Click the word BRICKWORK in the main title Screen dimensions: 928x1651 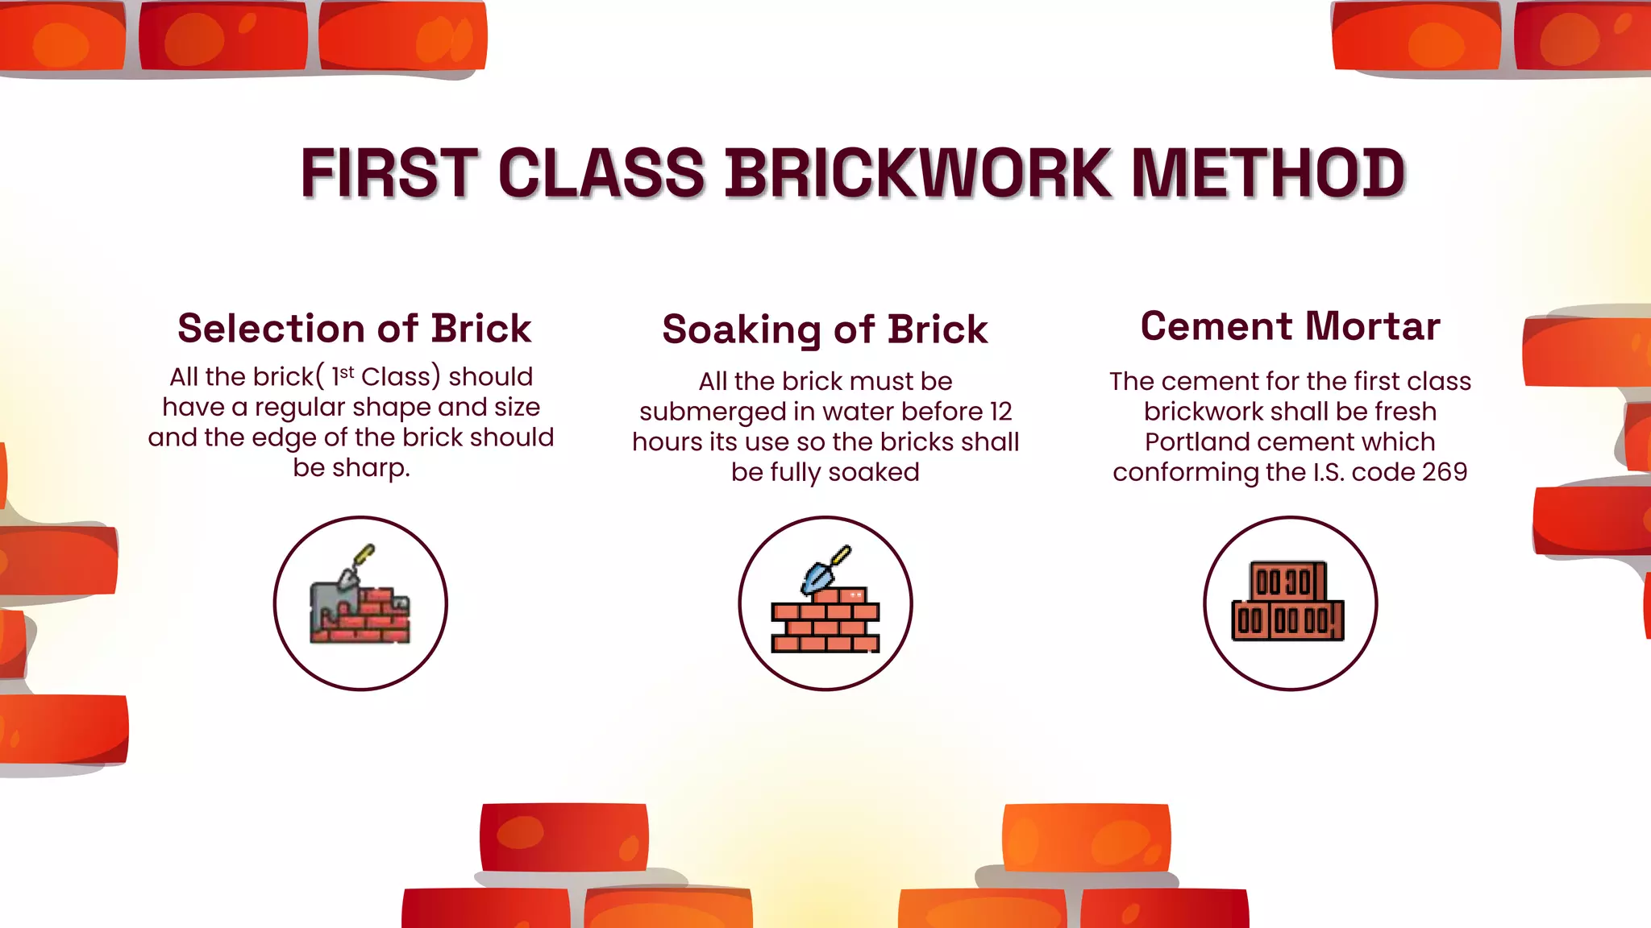click(x=917, y=173)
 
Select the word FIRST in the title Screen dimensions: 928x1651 click(x=389, y=173)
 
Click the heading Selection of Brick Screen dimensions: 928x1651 click(x=354, y=329)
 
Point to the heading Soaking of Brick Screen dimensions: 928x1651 click(x=825, y=330)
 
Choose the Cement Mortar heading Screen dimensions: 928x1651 click(x=1290, y=326)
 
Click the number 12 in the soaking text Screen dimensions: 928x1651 click(x=1000, y=412)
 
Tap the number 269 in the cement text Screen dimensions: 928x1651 click(x=1445, y=472)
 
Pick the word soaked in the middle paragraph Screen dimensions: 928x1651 click(x=874, y=472)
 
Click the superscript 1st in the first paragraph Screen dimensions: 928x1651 click(x=343, y=375)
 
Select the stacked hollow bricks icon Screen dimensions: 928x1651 click(x=1288, y=603)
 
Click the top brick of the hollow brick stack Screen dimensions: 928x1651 click(x=1287, y=581)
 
